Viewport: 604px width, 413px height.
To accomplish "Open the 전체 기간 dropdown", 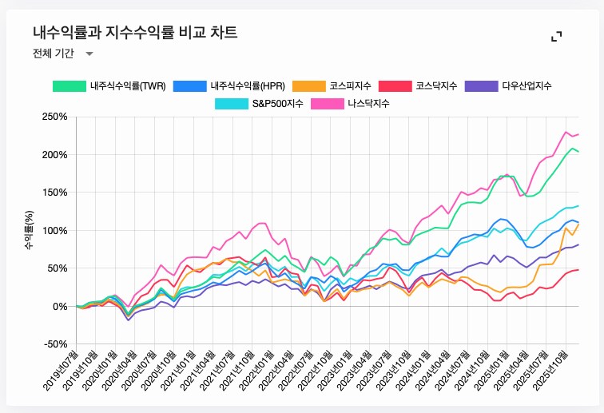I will [62, 54].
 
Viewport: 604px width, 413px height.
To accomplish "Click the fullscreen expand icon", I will [557, 36].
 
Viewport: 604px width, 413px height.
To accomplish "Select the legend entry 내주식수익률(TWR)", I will [109, 85].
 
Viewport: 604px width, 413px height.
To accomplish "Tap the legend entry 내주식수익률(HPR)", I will [229, 85].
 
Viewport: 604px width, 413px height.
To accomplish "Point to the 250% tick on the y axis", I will [54, 117].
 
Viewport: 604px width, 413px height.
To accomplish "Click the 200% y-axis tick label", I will [54, 154].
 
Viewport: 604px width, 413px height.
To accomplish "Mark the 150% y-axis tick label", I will [54, 193].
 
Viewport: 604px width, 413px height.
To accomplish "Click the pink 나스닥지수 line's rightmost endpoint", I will [579, 134].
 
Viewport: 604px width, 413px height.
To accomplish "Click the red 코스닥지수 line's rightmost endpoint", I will [579, 270].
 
